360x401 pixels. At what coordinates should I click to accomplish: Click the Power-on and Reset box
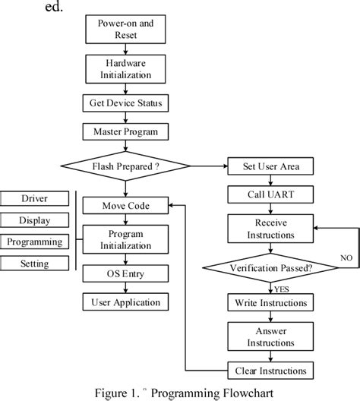tap(125, 29)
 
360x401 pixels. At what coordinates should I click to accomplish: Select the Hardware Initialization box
tap(125, 69)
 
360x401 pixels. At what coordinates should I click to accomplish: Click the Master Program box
tap(125, 131)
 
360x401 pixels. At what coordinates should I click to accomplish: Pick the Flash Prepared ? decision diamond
tap(125, 166)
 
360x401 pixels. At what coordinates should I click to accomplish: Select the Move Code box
tap(125, 205)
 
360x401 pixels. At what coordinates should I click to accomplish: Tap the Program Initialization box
tap(125, 239)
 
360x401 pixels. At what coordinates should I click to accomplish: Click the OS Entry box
tap(125, 273)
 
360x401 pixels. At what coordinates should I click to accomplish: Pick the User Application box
tap(125, 302)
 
